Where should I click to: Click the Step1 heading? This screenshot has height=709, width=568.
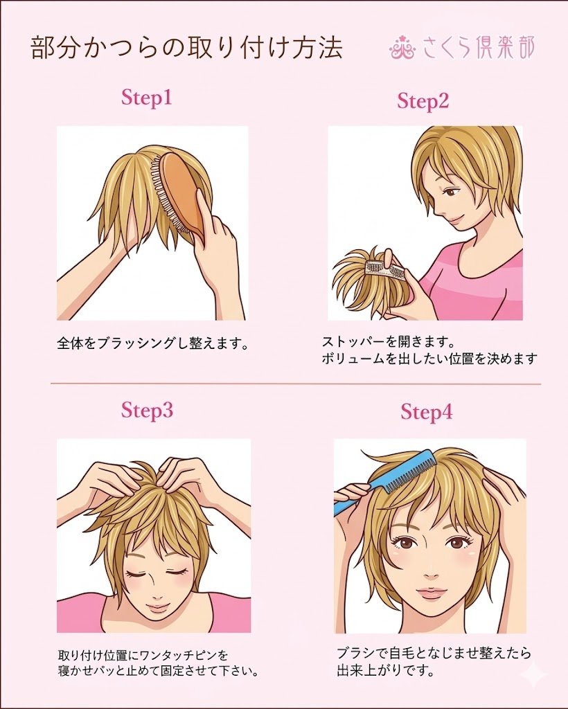[146, 98]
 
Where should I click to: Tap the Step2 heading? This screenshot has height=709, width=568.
[423, 102]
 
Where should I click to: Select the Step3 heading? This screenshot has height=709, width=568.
[146, 410]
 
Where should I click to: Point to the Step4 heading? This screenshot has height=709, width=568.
[426, 413]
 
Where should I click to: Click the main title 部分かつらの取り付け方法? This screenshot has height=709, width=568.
[187, 49]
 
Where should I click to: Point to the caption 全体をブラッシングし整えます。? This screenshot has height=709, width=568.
[152, 343]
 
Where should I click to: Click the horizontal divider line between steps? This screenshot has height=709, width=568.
[296, 383]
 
